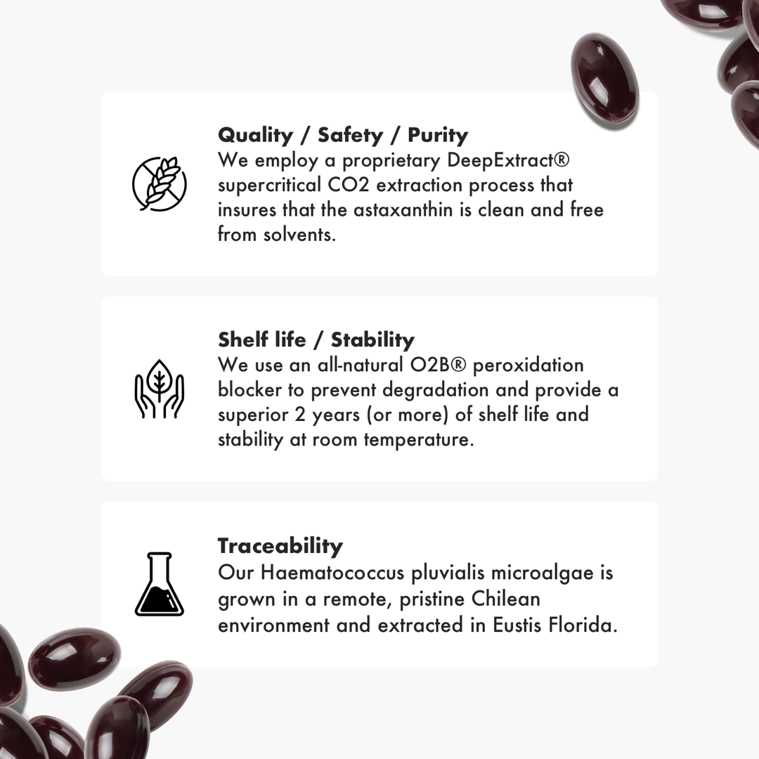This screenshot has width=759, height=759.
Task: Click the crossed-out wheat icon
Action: pos(160,184)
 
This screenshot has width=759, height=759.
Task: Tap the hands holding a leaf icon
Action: pos(160,389)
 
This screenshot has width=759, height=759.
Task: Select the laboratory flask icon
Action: pos(160,584)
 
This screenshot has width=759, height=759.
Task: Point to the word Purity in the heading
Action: pos(438,135)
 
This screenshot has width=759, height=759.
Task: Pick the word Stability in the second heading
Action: pos(372,340)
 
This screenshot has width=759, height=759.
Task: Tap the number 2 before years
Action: pos(300,415)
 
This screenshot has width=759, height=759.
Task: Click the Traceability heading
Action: pos(280,546)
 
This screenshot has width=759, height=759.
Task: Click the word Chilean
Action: pos(505,599)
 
